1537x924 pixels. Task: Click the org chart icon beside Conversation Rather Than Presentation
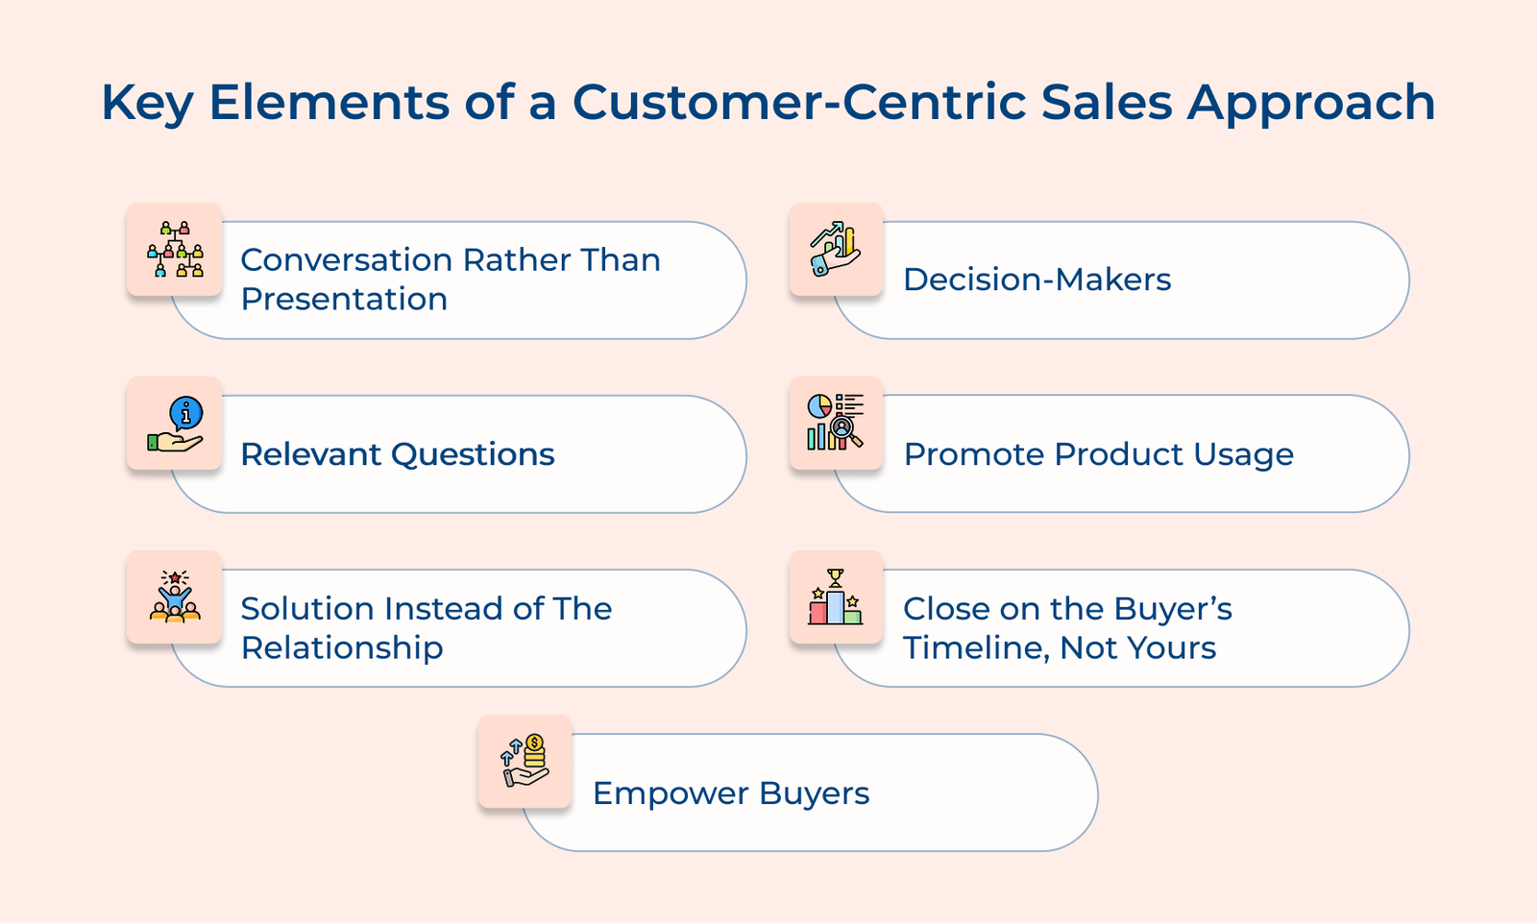[x=175, y=249]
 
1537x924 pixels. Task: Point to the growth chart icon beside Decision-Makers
[x=835, y=249]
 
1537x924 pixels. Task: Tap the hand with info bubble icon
[x=175, y=424]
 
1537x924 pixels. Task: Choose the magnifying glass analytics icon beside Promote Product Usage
[x=835, y=422]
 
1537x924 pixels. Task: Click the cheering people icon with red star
[x=175, y=596]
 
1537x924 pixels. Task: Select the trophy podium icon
[x=835, y=596]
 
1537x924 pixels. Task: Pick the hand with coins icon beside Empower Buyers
[x=525, y=761]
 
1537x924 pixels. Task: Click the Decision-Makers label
[x=1037, y=280]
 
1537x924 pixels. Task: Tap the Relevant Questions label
[x=398, y=454]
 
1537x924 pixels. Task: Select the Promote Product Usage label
[x=1099, y=454]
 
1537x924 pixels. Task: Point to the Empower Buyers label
[x=731, y=794]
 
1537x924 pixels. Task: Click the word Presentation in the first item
[x=344, y=299]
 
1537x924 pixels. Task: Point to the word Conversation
[x=347, y=260]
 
